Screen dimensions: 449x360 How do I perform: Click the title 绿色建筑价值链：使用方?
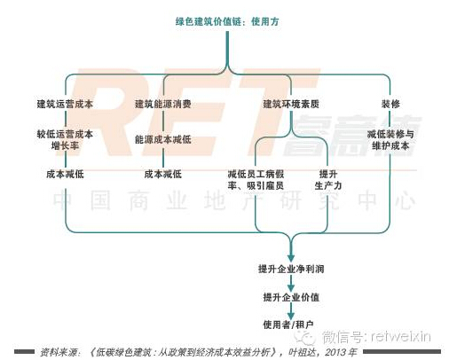227,21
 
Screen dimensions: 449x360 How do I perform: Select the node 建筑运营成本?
65,104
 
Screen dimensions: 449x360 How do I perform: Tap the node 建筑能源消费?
163,104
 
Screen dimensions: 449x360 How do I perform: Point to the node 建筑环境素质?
291,104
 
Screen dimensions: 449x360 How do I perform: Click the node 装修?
390,104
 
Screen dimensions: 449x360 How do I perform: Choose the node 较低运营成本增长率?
65,140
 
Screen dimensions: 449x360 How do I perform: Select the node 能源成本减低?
163,139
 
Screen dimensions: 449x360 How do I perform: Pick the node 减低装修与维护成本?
390,140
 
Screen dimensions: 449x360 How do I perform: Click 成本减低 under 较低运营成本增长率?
65,174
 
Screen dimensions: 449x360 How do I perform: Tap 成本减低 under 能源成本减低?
163,174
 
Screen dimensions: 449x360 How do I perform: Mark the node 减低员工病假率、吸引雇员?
256,180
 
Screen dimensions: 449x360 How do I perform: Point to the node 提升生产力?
328,180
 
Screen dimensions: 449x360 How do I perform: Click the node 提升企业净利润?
291,269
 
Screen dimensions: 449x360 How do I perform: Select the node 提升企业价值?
291,297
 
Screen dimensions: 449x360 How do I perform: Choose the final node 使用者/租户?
288,325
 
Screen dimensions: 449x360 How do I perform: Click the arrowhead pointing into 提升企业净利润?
291,258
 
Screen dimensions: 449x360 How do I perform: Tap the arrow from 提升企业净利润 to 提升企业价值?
291,283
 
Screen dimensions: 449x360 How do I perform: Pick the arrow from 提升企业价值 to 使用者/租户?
291,311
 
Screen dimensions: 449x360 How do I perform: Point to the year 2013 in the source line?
335,352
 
